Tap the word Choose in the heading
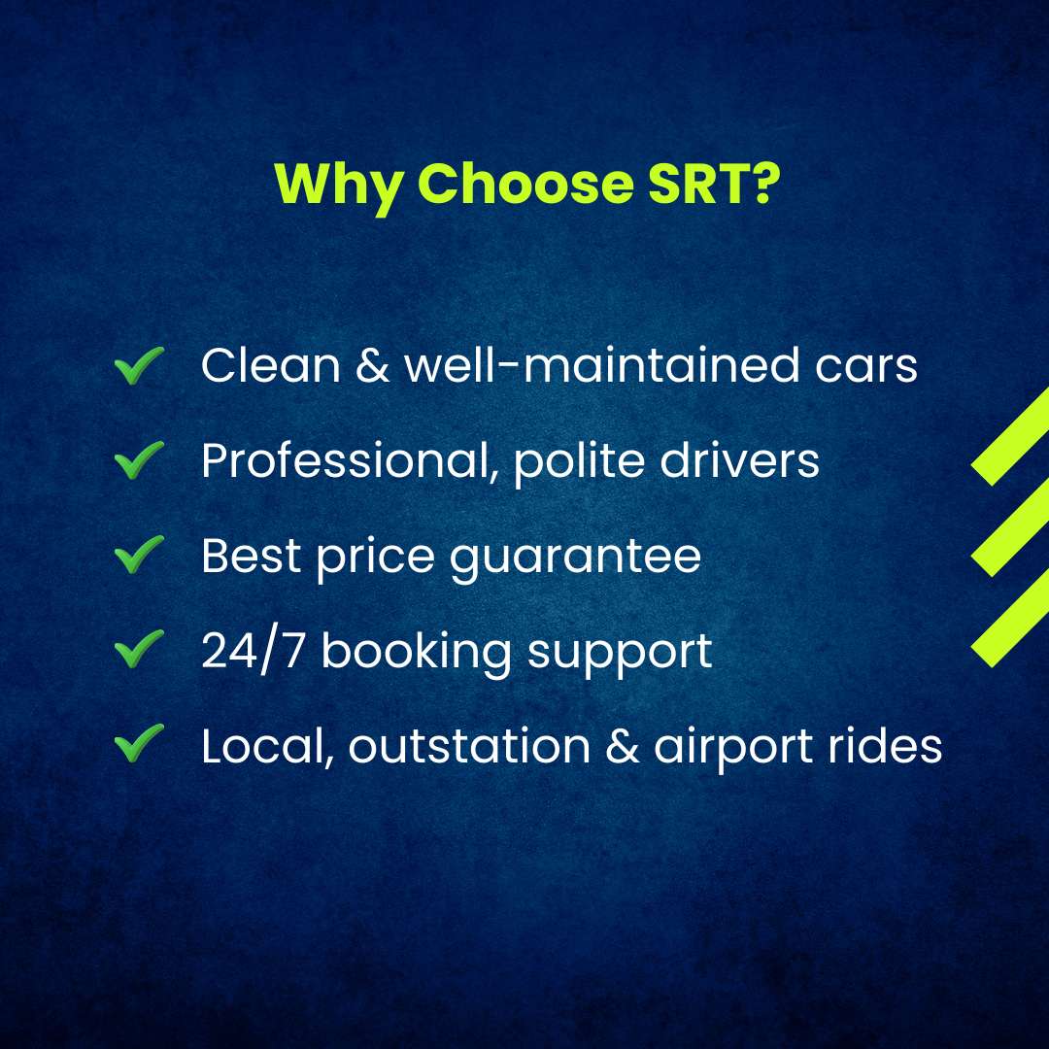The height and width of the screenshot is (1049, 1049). tap(525, 183)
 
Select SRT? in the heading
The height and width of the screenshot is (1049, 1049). tap(715, 183)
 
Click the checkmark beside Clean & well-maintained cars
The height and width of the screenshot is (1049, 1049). tap(139, 364)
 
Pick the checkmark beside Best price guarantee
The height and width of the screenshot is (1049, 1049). tap(139, 554)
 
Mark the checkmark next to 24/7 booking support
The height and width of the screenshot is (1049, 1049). tap(139, 648)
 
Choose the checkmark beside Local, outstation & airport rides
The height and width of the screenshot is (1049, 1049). tap(139, 742)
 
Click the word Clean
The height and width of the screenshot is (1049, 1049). tap(270, 365)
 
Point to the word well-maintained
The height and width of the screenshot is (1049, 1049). tap(601, 365)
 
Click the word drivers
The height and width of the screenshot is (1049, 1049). tap(739, 460)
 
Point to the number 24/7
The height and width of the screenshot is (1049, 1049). tap(254, 650)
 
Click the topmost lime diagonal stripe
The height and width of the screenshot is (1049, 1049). tap(1010, 436)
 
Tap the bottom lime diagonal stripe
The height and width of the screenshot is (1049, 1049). tap(1010, 618)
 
